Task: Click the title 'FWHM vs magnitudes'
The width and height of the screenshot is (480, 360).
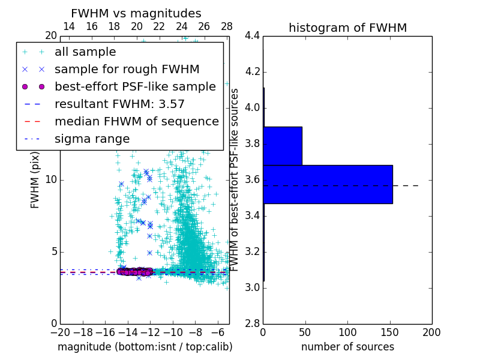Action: tap(136, 13)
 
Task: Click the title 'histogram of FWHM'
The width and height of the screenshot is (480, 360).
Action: tap(347, 28)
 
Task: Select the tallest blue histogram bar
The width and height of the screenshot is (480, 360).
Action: tap(328, 184)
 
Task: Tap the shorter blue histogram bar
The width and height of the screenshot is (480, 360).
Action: tap(283, 146)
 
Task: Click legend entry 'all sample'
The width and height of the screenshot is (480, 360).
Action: tap(85, 52)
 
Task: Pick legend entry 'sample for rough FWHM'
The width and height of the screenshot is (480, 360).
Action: tap(119, 70)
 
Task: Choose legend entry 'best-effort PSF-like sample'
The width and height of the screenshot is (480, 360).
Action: tap(135, 87)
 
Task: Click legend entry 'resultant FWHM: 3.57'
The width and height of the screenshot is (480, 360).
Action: tap(119, 104)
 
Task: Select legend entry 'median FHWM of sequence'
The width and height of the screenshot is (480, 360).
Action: tap(136, 122)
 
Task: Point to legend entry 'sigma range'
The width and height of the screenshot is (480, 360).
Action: tap(92, 139)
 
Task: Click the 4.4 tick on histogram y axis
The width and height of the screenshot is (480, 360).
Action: tap(252, 36)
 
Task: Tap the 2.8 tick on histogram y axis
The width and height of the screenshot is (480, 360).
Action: tap(252, 323)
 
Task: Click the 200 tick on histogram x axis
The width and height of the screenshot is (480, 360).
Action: tap(431, 332)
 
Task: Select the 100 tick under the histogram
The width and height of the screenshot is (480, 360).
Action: tap(347, 332)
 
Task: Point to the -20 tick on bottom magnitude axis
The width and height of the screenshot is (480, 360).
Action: tap(60, 332)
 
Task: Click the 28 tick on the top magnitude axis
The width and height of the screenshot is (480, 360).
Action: tap(227, 26)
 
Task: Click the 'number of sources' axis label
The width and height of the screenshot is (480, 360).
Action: tap(347, 347)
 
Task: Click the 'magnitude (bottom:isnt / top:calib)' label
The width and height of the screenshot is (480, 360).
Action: tap(145, 347)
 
